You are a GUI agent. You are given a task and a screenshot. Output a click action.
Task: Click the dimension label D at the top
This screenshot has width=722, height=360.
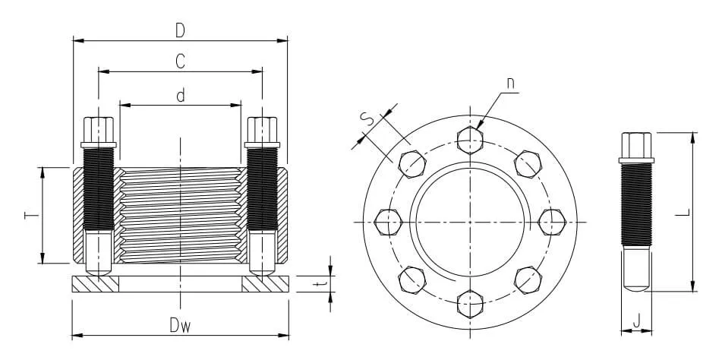pos(180,30)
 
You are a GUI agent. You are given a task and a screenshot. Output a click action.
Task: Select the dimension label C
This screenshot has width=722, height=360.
pos(180,62)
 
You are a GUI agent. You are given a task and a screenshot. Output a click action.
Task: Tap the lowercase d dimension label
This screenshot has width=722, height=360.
pos(181,95)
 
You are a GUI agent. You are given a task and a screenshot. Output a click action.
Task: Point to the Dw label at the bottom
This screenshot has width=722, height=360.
pos(180,326)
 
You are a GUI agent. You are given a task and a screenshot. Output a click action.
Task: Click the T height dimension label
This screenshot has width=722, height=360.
pos(31,215)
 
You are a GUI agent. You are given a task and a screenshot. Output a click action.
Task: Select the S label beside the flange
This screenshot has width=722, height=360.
pos(367,120)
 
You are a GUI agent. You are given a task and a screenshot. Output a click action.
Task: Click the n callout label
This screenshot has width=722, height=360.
pos(510,83)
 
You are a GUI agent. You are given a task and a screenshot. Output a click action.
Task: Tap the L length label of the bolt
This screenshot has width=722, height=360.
pos(685,212)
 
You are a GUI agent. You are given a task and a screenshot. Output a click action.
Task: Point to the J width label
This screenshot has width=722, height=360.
pos(636,321)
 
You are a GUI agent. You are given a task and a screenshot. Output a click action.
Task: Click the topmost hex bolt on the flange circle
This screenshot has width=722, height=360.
pos(470,140)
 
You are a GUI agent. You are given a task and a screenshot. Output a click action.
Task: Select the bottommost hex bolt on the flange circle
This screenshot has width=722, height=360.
pos(470,305)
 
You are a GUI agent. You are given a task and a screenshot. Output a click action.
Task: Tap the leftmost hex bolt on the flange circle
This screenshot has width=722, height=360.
pos(388,222)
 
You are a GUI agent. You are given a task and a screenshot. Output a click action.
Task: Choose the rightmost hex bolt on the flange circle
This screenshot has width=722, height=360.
pos(552,222)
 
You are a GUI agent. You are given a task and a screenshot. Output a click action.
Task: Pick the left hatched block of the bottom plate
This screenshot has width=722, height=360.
pos(96,284)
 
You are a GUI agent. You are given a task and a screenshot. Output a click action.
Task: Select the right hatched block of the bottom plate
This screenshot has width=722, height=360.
pos(265,284)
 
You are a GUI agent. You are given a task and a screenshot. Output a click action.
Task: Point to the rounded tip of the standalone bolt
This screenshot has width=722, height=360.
pos(636,287)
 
